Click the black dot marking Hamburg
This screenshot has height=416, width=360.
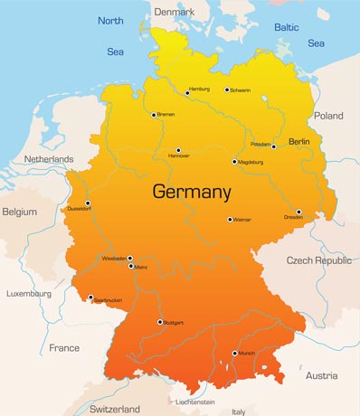186,91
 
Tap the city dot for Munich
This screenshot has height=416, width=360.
235,354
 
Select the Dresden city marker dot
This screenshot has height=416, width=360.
298,213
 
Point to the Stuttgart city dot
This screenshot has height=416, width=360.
160,322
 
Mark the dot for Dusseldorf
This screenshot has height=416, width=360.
88,203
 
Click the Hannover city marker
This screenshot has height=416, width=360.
178,150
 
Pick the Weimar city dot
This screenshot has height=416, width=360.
230,219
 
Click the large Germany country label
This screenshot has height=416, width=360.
192,192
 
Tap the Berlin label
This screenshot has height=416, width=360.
298,142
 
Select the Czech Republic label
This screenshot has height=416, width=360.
318,260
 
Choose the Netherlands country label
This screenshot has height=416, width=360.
49,159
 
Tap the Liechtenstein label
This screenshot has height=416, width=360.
195,402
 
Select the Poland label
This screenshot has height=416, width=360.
328,116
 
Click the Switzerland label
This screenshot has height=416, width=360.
115,409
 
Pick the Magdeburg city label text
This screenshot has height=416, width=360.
251,163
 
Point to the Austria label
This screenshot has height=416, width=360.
321,375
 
